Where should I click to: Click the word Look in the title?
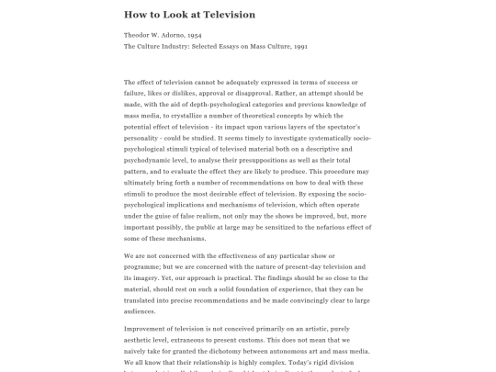pos(181,15)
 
